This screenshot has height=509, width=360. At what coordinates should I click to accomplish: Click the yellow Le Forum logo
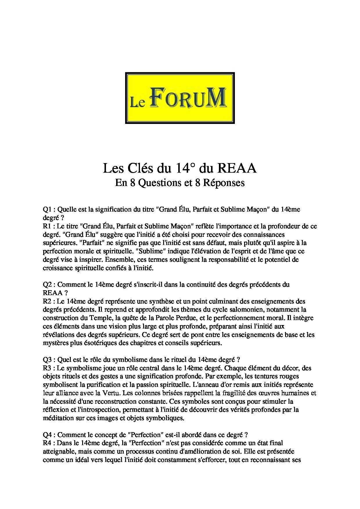180,98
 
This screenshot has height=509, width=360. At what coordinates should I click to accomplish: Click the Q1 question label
47,209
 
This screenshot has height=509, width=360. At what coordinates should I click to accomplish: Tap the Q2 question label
47,284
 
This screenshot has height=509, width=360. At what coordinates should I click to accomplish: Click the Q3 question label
47,360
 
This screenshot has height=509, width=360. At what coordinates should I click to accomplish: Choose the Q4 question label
47,435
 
